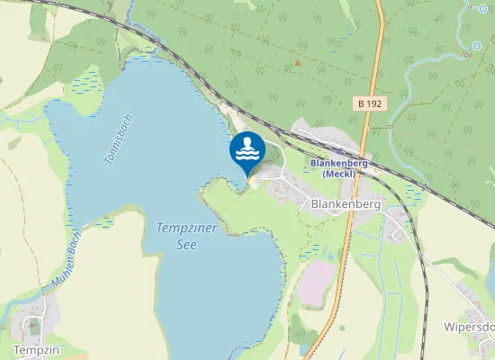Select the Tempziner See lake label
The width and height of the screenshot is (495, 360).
(186, 236)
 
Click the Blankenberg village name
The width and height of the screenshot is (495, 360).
(346, 204)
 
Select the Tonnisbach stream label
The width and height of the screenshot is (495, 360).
(118, 139)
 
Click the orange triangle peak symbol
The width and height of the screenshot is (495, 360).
(298, 64)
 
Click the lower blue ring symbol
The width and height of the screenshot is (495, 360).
(476, 46)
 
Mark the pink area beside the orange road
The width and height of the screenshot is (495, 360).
(314, 281)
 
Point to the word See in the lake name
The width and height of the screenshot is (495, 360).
(186, 244)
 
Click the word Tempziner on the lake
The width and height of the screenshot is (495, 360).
(186, 229)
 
